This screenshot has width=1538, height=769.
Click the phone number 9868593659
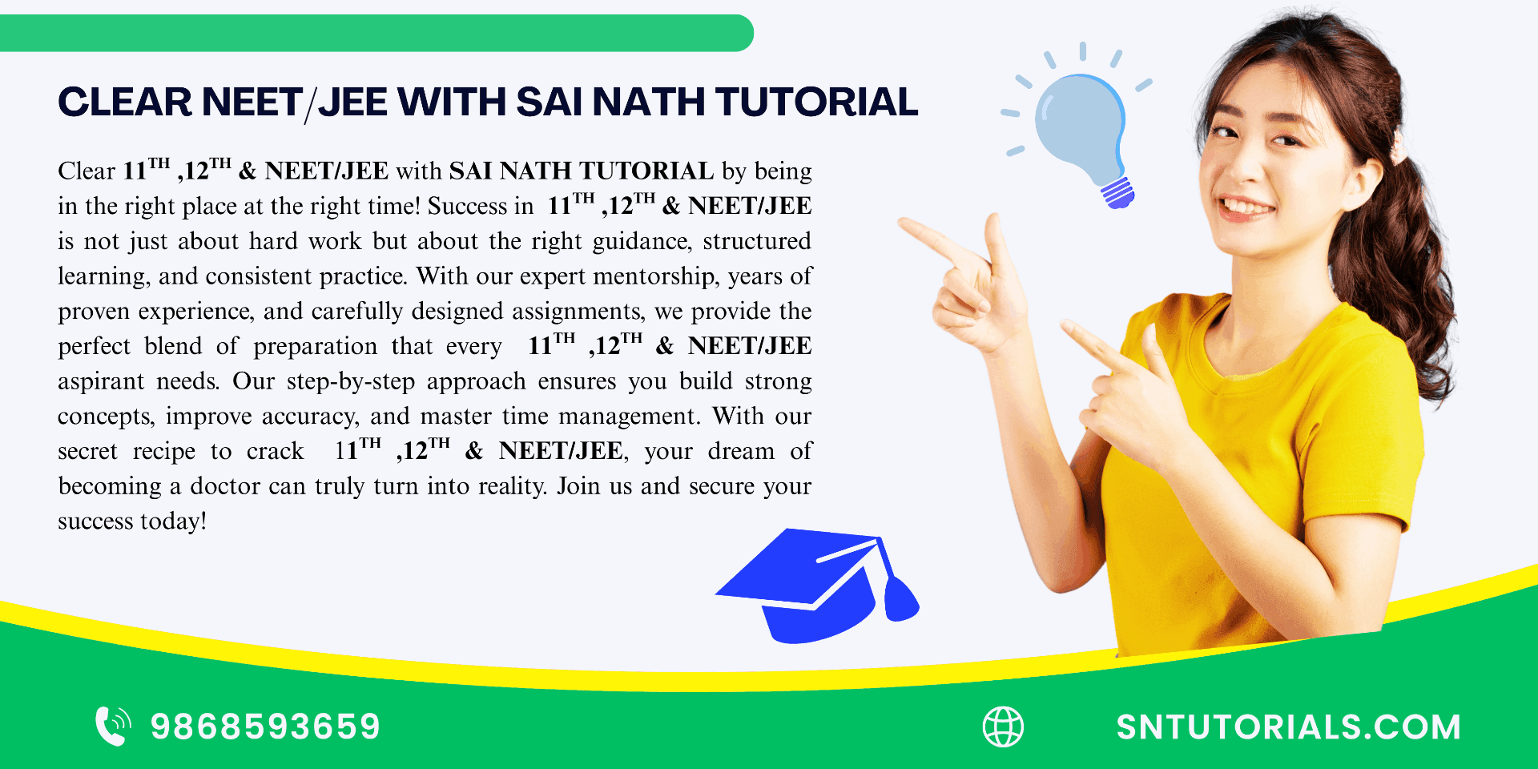click(x=265, y=727)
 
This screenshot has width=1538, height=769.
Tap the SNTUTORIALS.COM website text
click(x=1289, y=727)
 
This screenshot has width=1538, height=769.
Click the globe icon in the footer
click(x=1003, y=727)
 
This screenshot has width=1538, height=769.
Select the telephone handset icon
click(x=112, y=726)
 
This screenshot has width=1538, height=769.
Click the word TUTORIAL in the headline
click(x=816, y=103)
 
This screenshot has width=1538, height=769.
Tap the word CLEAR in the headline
click(x=125, y=103)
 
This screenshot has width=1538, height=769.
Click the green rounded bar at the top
click(x=376, y=33)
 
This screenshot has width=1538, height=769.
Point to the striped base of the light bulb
click(x=1117, y=193)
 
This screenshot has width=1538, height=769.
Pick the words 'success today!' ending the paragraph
click(x=132, y=521)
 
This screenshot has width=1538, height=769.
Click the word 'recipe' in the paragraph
click(x=163, y=452)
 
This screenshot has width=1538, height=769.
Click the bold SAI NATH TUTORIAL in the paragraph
click(x=581, y=171)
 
